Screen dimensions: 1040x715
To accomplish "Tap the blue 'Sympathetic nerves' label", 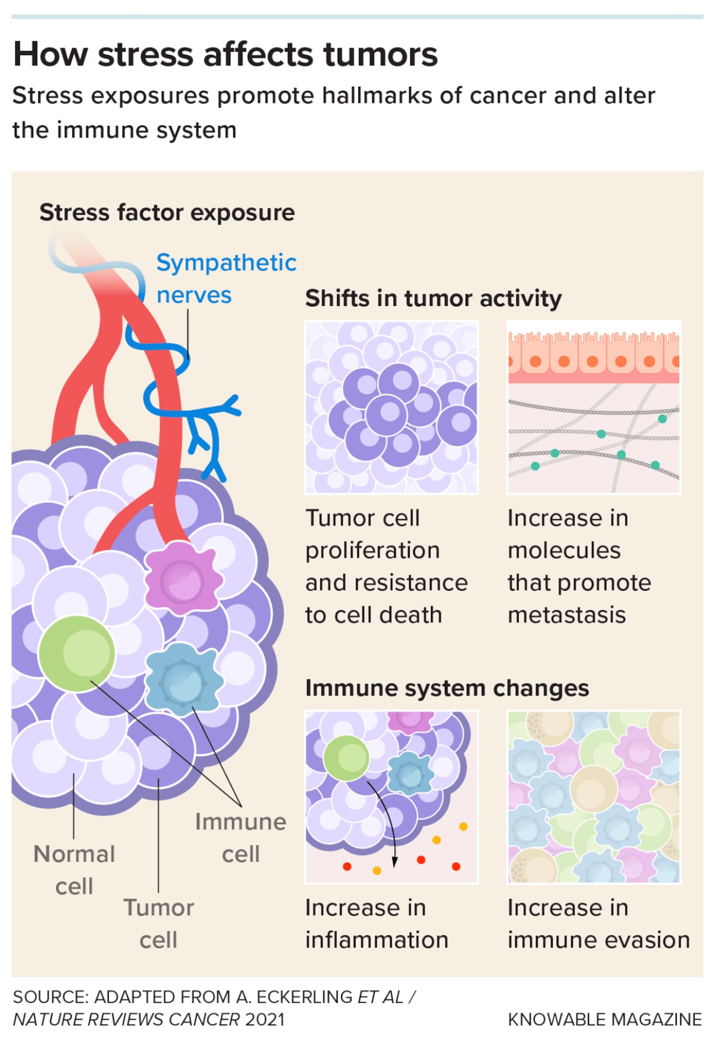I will point(226,278).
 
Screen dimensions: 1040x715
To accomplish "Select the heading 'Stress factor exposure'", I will point(167,212).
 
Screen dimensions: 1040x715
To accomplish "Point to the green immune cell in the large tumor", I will point(76,653).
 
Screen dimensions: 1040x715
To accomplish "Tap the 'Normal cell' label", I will point(74,870).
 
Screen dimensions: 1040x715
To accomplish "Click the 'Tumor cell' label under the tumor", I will point(158,924).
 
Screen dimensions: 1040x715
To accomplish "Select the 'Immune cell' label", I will point(240,838).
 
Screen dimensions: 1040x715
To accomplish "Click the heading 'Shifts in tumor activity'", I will point(433,298).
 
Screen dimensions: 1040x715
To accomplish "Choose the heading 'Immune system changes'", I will point(447,688).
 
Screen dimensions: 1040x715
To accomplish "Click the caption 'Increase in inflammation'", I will point(376,924).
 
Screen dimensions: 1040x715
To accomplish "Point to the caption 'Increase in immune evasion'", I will point(598,924).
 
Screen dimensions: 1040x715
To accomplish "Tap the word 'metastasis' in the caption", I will point(567,615).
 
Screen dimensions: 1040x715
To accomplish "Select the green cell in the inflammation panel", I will point(346,758).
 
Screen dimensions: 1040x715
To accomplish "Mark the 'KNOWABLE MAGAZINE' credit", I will point(604,1019).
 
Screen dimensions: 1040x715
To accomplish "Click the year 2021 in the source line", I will point(265,1019).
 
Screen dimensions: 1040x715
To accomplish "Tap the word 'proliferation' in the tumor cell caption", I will point(372,551).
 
